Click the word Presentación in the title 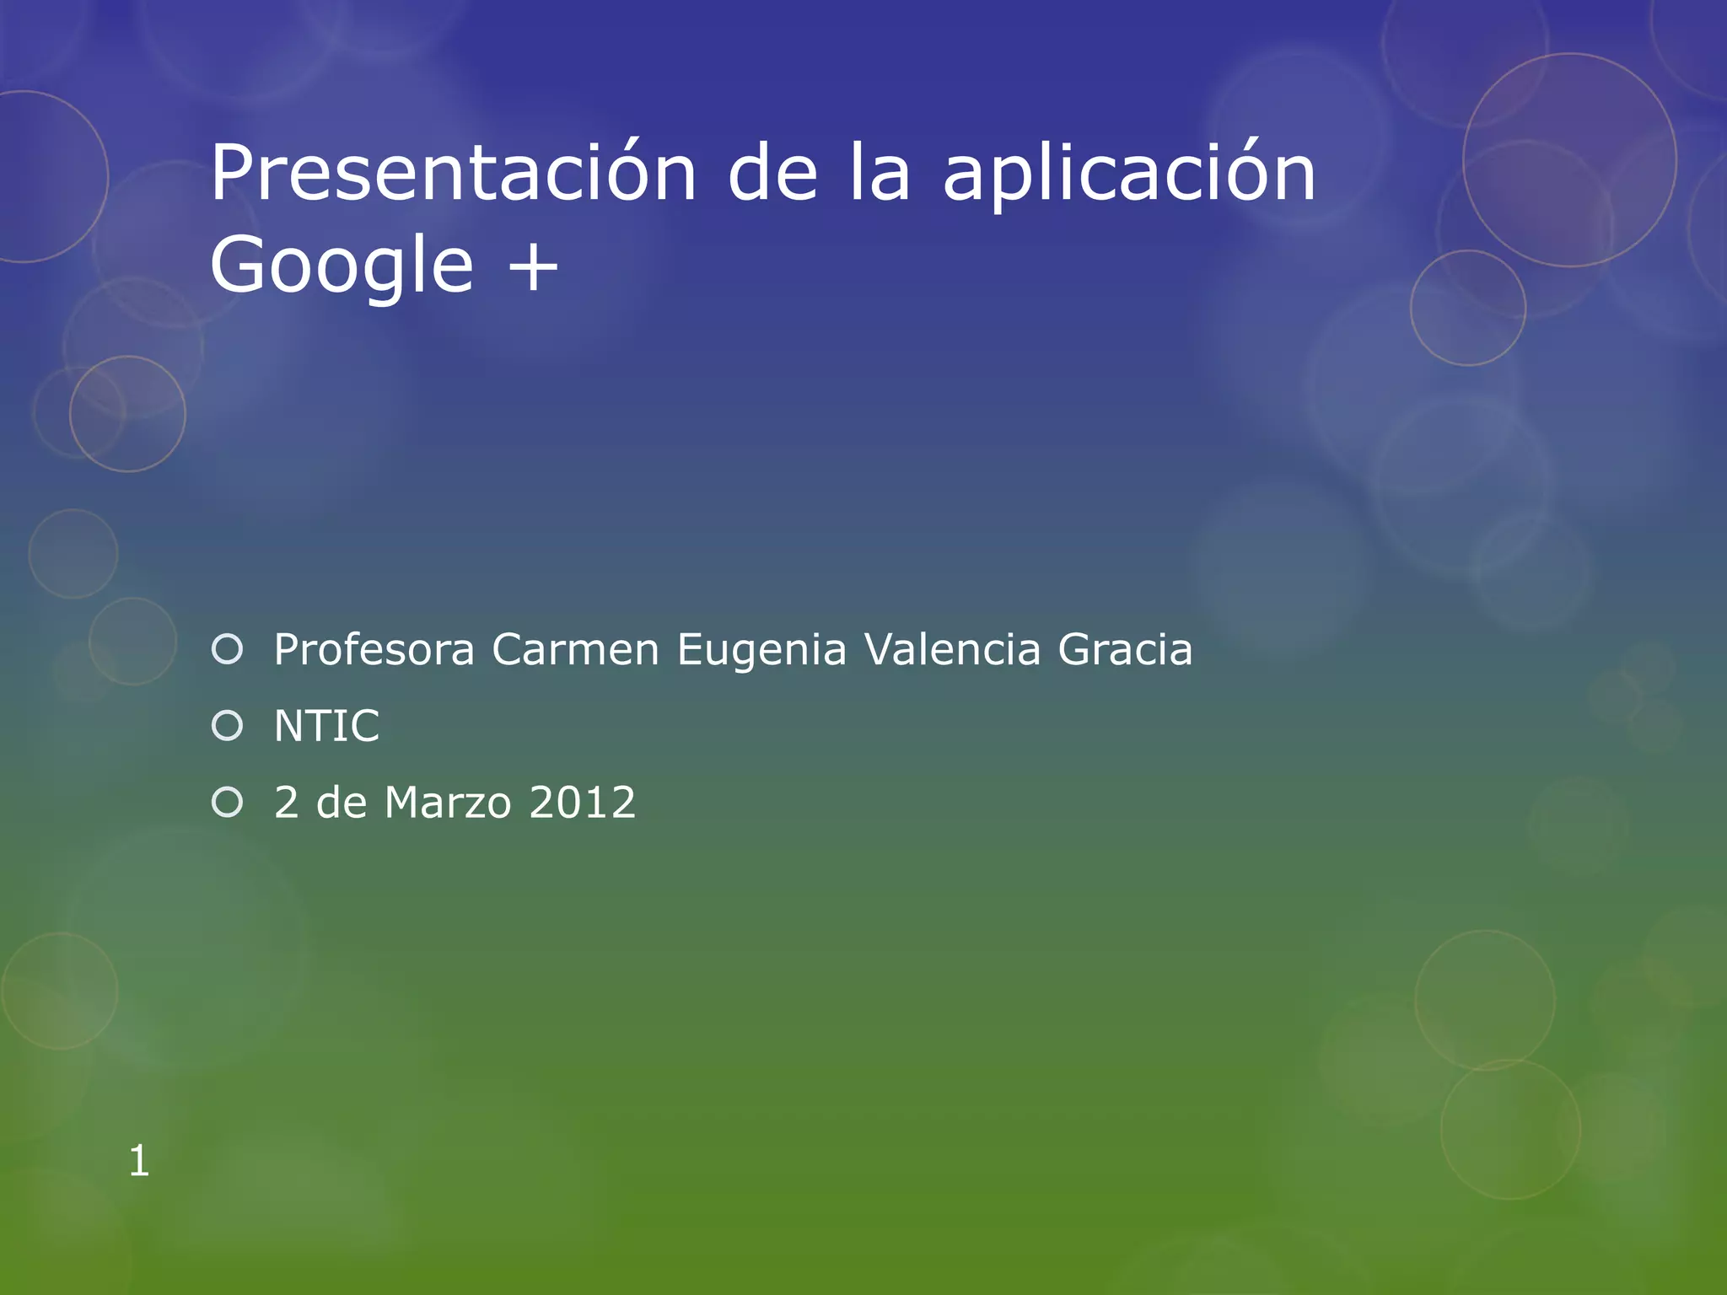[453, 173]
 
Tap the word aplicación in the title [1128, 173]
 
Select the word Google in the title [342, 266]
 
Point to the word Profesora [374, 650]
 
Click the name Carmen [575, 650]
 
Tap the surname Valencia [953, 650]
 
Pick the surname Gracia [1125, 650]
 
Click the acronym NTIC [327, 726]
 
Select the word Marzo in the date [448, 802]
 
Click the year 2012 [582, 802]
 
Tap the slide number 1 [139, 1161]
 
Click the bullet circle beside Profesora [228, 649]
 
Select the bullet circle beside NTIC [228, 726]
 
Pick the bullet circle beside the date [228, 802]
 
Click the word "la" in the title [880, 173]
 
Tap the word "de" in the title [772, 173]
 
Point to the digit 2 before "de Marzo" [287, 802]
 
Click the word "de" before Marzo [342, 802]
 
